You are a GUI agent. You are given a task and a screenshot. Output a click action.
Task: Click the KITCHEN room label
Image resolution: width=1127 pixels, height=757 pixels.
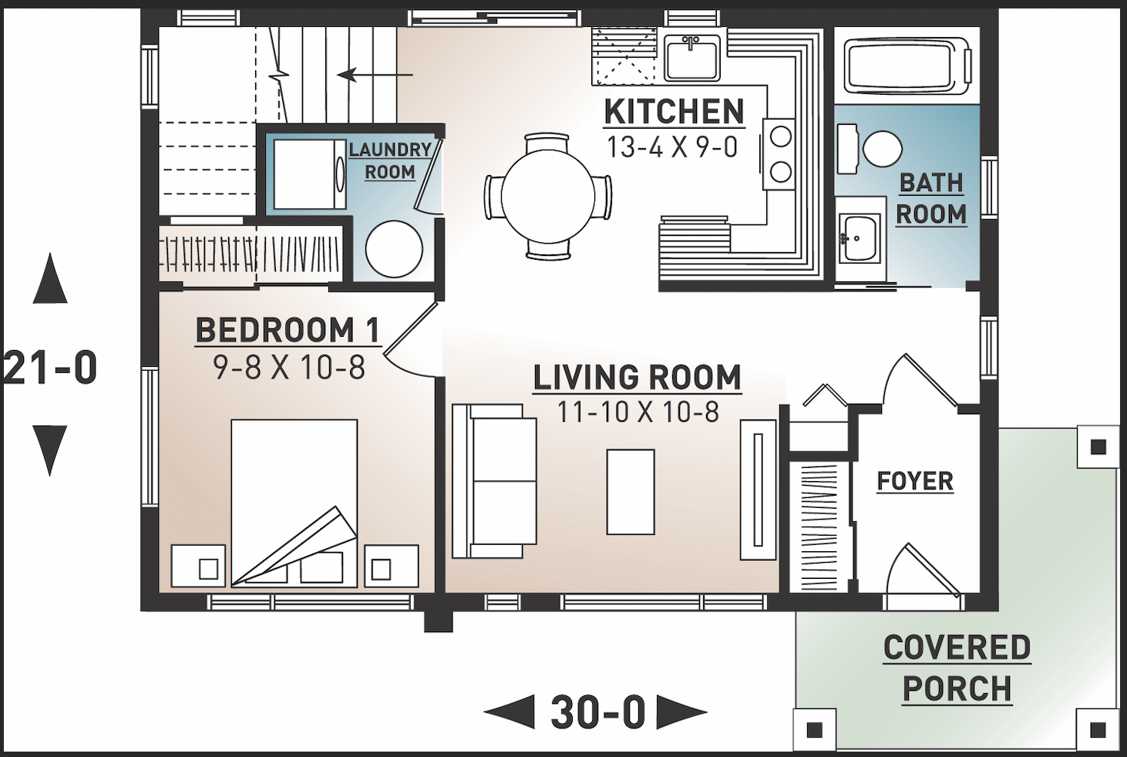point(674,112)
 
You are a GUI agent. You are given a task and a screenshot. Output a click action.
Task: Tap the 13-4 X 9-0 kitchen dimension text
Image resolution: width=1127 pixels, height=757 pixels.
point(672,147)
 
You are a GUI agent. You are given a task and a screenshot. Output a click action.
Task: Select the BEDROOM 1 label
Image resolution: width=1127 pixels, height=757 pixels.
point(288,330)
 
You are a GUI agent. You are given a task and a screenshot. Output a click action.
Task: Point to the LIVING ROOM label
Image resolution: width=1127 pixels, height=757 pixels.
point(637,377)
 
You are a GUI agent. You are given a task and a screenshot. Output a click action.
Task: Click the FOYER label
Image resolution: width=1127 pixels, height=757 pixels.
point(915,481)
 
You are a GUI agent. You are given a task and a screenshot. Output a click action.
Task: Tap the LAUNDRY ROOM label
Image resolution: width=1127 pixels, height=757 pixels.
point(390,160)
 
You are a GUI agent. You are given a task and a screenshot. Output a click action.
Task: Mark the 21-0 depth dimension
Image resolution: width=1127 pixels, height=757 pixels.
point(50,368)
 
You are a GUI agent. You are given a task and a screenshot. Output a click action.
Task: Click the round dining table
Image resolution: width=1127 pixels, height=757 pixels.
point(548,196)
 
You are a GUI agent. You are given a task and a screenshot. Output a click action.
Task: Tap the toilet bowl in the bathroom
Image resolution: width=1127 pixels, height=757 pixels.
point(883,149)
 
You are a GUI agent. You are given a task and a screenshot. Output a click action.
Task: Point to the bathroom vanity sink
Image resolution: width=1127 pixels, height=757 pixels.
point(860,238)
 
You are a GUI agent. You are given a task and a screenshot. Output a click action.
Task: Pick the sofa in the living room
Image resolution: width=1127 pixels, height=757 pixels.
point(495,481)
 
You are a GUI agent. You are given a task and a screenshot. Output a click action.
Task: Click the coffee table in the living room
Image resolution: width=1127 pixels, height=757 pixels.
point(631,491)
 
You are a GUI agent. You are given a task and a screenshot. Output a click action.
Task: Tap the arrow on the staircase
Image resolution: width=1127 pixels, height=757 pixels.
point(375,76)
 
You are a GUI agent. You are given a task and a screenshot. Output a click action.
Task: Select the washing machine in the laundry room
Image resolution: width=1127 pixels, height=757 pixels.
point(310,174)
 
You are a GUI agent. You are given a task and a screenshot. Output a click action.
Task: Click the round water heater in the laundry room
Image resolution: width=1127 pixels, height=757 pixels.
point(394,249)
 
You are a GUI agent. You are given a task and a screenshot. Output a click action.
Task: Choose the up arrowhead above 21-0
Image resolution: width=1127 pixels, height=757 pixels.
point(50,278)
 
